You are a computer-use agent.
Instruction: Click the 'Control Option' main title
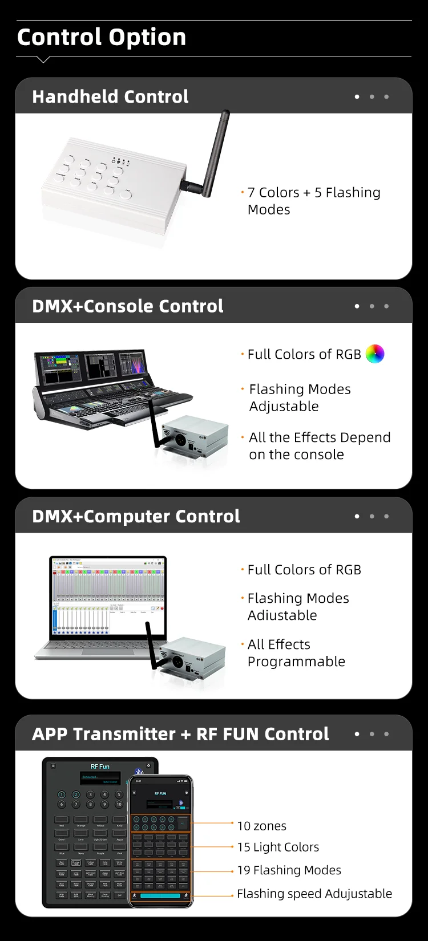(x=102, y=38)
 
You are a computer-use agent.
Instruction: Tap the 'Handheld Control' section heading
(x=110, y=96)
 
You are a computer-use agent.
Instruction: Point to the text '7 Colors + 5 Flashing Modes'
(x=313, y=201)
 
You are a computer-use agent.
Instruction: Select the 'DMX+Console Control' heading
(x=128, y=306)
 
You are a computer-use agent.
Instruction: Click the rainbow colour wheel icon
(x=375, y=354)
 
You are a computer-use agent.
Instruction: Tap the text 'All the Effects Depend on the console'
(x=320, y=445)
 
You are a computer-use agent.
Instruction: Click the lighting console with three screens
(x=108, y=388)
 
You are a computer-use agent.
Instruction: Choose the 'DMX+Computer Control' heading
(x=136, y=516)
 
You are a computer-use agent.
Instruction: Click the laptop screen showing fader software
(x=108, y=595)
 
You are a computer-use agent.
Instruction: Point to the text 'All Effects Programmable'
(x=296, y=652)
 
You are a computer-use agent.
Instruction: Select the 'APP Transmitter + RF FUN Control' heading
(x=180, y=734)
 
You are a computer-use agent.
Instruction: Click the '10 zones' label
(x=262, y=826)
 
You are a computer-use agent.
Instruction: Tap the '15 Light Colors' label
(x=278, y=847)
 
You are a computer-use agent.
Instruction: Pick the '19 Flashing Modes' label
(x=289, y=870)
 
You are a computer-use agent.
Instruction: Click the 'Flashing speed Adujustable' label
(x=314, y=894)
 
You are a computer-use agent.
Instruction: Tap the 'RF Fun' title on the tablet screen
(x=100, y=766)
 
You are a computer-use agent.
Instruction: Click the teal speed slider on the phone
(x=160, y=895)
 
